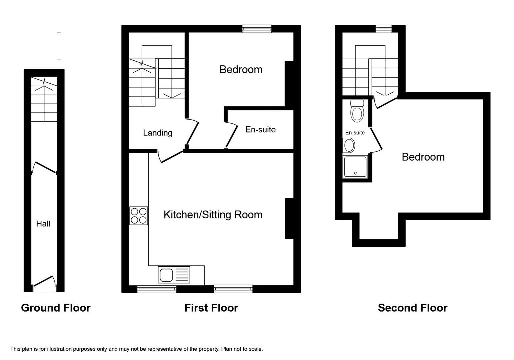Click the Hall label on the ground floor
(43, 224)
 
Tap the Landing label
(158, 133)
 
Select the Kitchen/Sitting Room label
(213, 215)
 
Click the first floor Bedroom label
(241, 69)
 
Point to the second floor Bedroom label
(423, 157)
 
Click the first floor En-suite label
(260, 129)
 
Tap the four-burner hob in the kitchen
(139, 216)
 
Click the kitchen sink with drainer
(174, 275)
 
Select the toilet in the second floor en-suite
(357, 111)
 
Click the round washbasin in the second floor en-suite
(349, 146)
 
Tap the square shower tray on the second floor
(355, 167)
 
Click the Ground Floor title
(56, 308)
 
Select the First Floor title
(211, 308)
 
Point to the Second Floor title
(412, 308)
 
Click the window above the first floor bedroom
(257, 29)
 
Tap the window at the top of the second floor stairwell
(384, 29)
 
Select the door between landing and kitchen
(171, 157)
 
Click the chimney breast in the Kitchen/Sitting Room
(289, 219)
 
